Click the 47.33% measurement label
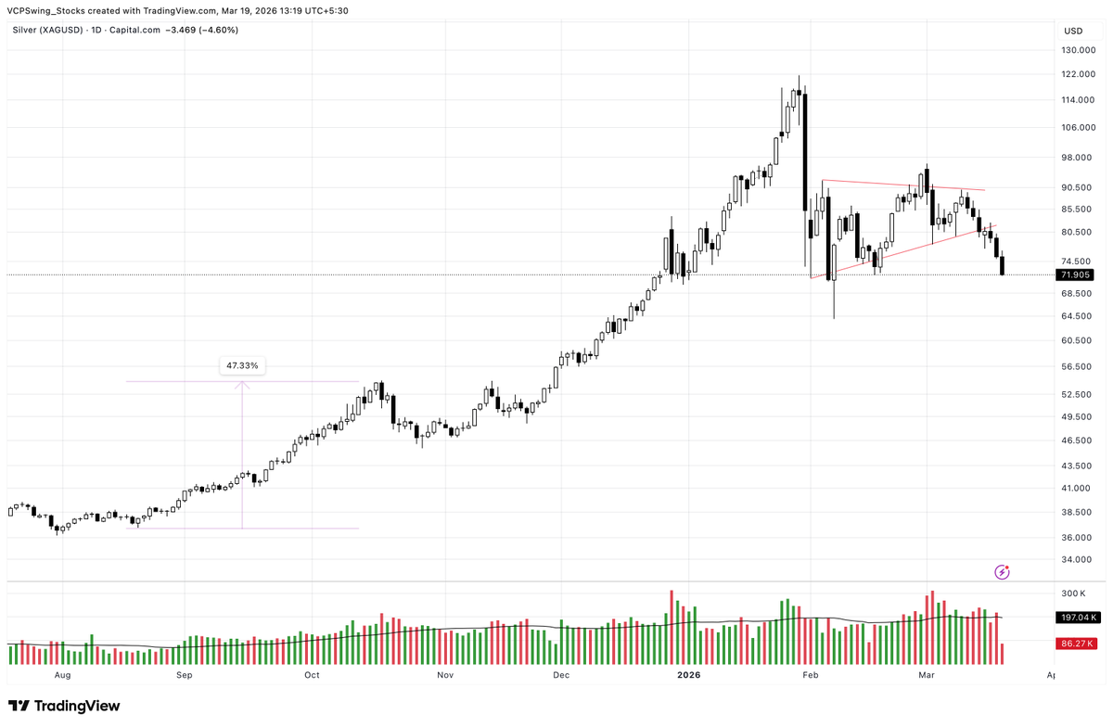point(242,365)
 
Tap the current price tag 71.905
point(1074,275)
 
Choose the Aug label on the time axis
point(63,676)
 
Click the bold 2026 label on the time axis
point(689,676)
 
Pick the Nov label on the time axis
point(445,676)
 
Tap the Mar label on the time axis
point(927,676)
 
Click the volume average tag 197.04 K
point(1074,617)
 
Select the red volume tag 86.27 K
point(1074,643)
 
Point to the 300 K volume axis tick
point(1074,593)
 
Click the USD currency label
point(1072,31)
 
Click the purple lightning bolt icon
point(1002,572)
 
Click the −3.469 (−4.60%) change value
point(201,30)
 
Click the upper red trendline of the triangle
point(900,185)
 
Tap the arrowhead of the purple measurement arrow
point(242,384)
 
